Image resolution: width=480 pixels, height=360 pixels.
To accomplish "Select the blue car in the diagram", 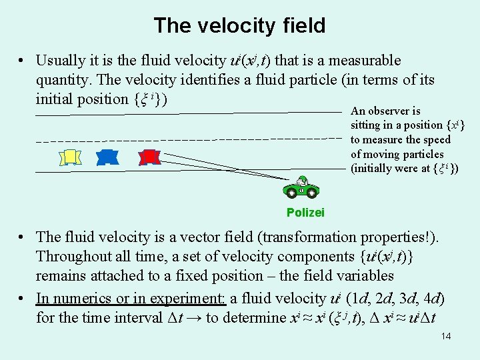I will pos(107,157).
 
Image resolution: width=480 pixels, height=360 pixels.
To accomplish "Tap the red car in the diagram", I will pos(149,157).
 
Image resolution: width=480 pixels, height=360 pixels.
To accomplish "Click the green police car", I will pos(301,189).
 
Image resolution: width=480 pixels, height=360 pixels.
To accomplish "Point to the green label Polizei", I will pos(305,213).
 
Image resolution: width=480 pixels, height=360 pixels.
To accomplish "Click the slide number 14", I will pos(446,336).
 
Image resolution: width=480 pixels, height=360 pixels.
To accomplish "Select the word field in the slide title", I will pos(303,26).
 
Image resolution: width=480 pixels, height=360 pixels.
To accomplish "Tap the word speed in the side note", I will pos(437,140).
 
